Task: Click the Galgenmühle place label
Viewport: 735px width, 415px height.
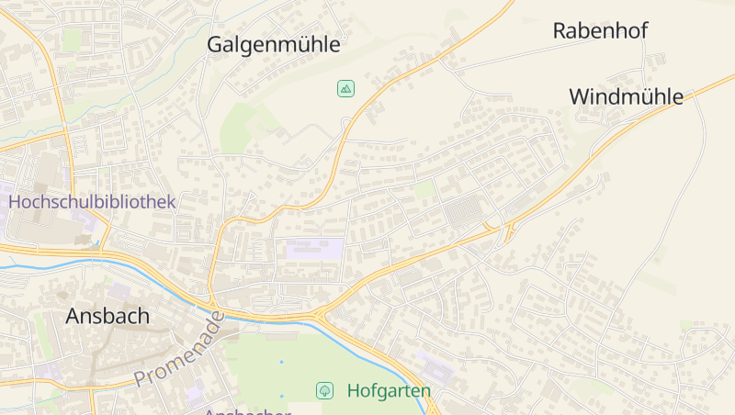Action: [x=274, y=44]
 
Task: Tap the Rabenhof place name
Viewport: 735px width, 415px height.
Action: [x=600, y=30]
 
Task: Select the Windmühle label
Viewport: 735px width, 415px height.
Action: [x=626, y=96]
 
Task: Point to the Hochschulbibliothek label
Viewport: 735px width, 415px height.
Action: [x=92, y=201]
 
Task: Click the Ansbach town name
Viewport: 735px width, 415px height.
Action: [x=107, y=316]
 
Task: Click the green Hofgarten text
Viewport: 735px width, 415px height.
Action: [x=389, y=391]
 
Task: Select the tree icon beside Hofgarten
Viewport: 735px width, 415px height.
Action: [x=324, y=390]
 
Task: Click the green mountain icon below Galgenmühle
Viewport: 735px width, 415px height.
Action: [x=345, y=89]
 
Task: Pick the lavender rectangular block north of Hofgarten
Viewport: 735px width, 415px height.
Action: [x=315, y=248]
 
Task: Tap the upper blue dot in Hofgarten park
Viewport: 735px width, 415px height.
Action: [x=281, y=362]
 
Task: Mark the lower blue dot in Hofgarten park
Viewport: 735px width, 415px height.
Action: [x=281, y=396]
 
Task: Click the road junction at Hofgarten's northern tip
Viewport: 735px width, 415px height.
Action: [x=322, y=315]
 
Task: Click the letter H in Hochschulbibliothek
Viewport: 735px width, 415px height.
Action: [x=16, y=201]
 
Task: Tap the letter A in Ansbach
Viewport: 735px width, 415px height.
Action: [x=73, y=316]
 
